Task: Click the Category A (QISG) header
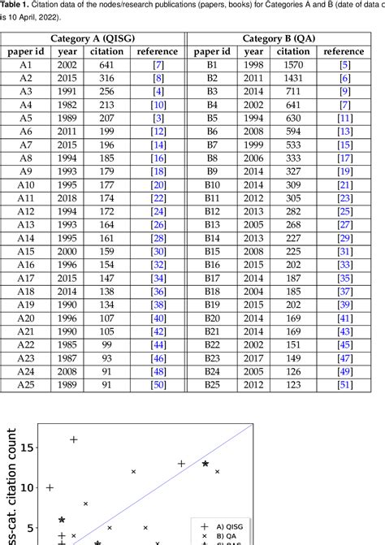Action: (93, 38)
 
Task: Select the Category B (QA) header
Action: (285, 38)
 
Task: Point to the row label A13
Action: (25, 224)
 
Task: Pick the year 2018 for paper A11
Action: (67, 197)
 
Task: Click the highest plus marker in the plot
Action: (74, 439)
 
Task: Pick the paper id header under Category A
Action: (25, 51)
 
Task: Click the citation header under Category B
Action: (292, 51)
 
